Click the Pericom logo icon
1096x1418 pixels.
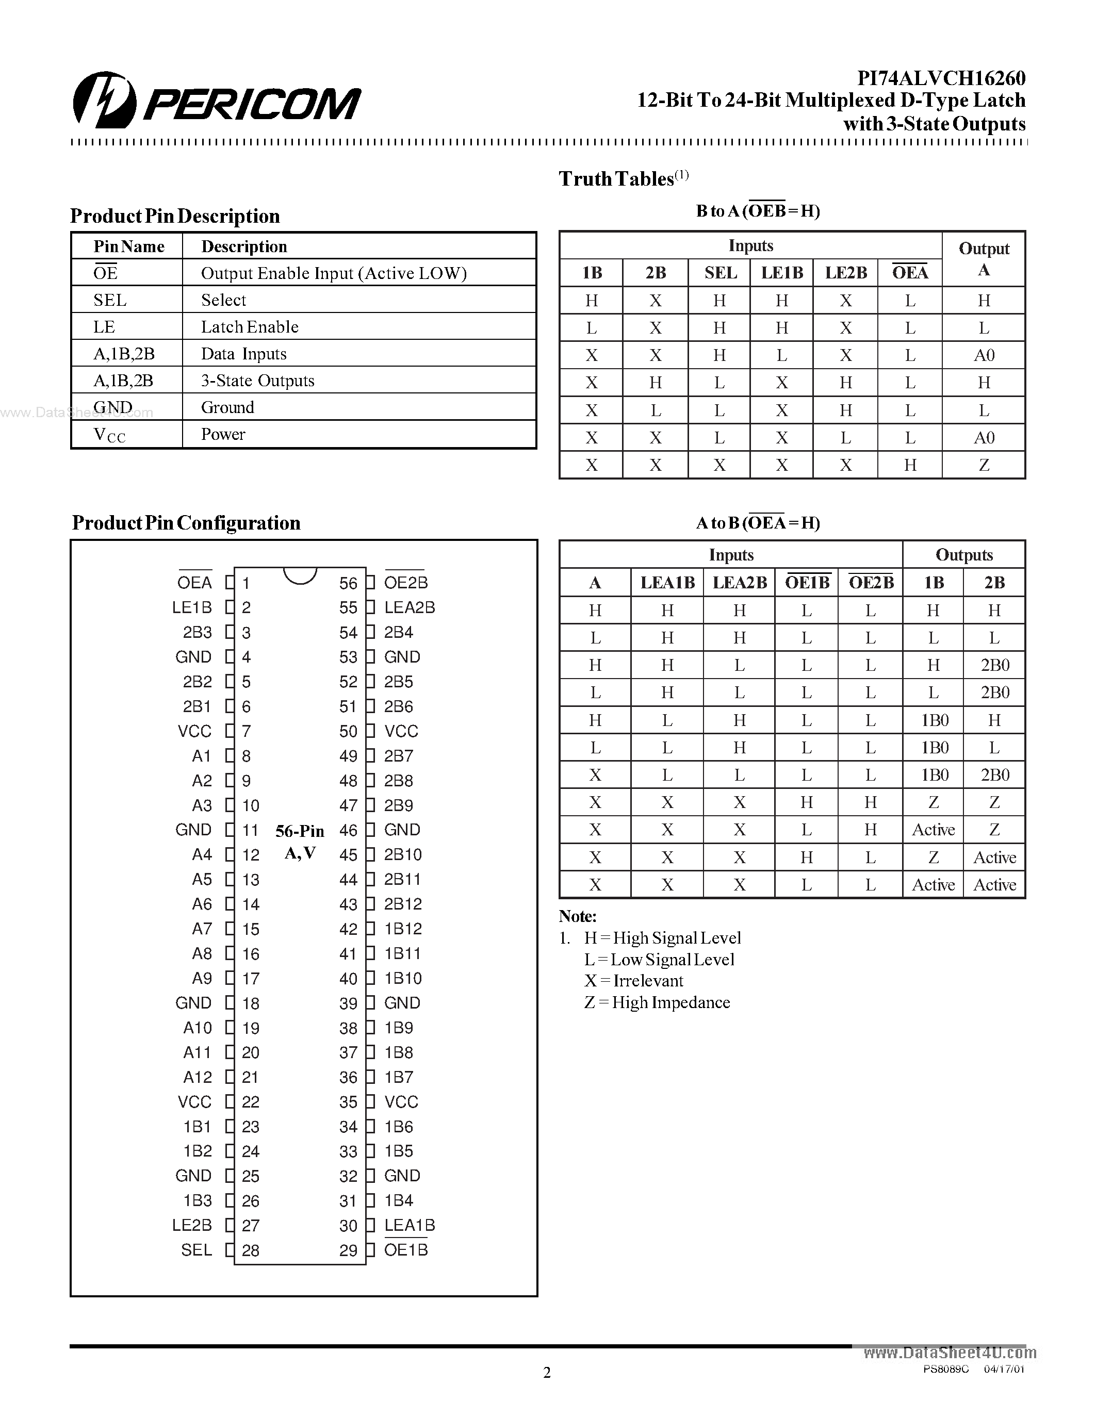tap(104, 101)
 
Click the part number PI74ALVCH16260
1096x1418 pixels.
tap(941, 78)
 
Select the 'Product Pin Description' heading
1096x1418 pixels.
tap(175, 216)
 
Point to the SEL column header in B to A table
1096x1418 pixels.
tap(720, 273)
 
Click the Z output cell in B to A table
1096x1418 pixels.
tap(984, 466)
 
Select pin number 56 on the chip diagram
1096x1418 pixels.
tap(348, 584)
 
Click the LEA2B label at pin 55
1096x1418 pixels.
tap(409, 608)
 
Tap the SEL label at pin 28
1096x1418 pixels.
tap(196, 1250)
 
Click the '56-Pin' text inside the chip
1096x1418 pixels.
tap(299, 831)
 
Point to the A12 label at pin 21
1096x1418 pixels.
tap(198, 1077)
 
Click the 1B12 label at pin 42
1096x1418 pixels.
tap(403, 929)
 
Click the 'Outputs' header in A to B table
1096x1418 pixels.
tap(963, 555)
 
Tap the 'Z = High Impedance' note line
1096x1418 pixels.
tap(657, 1002)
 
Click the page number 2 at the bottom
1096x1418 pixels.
tap(547, 1373)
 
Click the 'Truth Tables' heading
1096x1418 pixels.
tap(616, 179)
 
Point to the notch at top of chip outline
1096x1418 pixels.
tap(300, 574)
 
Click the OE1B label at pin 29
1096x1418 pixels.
tap(406, 1250)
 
